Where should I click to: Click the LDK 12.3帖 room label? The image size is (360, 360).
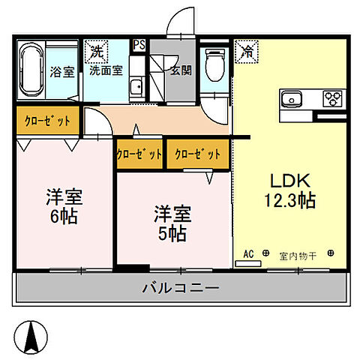click(x=288, y=190)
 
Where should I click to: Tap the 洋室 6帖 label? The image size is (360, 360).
click(x=64, y=206)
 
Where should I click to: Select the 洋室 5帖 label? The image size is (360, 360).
click(x=172, y=223)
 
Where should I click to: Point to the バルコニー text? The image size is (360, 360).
click(x=180, y=286)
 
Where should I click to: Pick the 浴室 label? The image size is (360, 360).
click(x=61, y=73)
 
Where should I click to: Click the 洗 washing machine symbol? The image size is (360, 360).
click(x=97, y=52)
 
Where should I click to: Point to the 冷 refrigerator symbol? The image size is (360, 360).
click(x=246, y=52)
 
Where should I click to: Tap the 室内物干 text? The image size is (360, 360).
click(x=298, y=256)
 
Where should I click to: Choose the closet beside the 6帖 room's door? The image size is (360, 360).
click(x=48, y=121)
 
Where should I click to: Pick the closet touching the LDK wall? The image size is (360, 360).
click(x=198, y=154)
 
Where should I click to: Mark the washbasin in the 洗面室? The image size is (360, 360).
click(x=135, y=88)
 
